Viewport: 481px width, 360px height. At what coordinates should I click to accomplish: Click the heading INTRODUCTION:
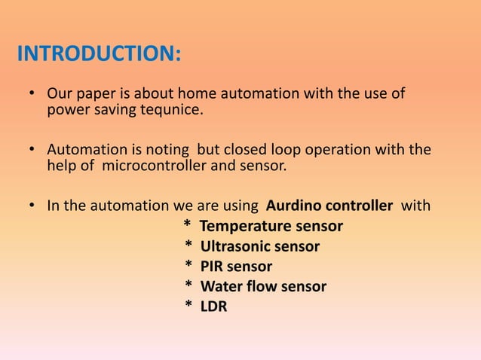pyautogui.click(x=99, y=55)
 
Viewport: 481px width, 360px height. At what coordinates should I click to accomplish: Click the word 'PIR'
pyautogui.click(x=212, y=267)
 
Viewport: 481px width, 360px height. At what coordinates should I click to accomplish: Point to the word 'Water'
pyautogui.click(x=220, y=287)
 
